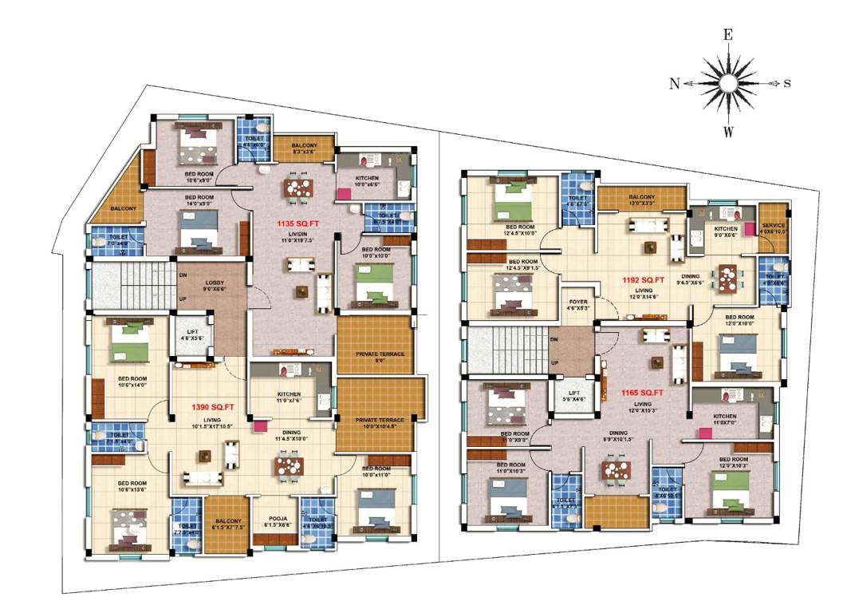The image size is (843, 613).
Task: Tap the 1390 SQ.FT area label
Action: point(212,407)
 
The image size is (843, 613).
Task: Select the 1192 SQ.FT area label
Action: point(644,280)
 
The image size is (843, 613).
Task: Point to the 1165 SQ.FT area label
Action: point(643,394)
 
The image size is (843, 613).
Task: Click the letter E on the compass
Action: point(727,34)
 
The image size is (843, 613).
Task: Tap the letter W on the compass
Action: point(727,132)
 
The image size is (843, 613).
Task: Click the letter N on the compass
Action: point(675,83)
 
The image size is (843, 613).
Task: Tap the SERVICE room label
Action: point(774,226)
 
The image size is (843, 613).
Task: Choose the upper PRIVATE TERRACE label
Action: point(380,354)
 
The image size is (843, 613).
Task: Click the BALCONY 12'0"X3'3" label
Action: point(642,197)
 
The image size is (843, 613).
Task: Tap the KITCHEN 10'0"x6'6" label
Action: point(367,178)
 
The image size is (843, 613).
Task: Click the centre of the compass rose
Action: point(727,83)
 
